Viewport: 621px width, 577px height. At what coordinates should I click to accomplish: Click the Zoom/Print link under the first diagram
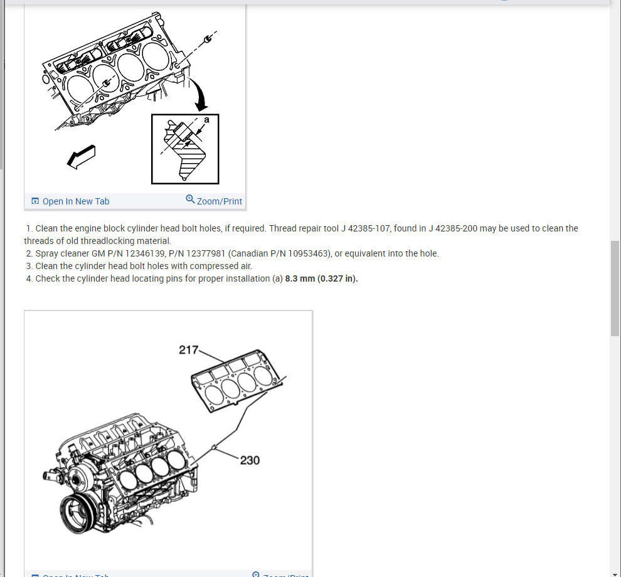pos(219,201)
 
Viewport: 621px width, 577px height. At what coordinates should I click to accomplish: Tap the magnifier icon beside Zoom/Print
pos(190,199)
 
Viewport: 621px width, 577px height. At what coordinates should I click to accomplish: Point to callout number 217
pos(188,350)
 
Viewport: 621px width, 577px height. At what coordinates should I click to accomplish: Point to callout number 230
pos(250,460)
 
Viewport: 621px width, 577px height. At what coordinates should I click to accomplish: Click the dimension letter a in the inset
pos(206,120)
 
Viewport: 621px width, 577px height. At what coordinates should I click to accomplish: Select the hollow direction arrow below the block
pos(81,157)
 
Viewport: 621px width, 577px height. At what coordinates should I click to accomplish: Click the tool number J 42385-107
pos(366,228)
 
